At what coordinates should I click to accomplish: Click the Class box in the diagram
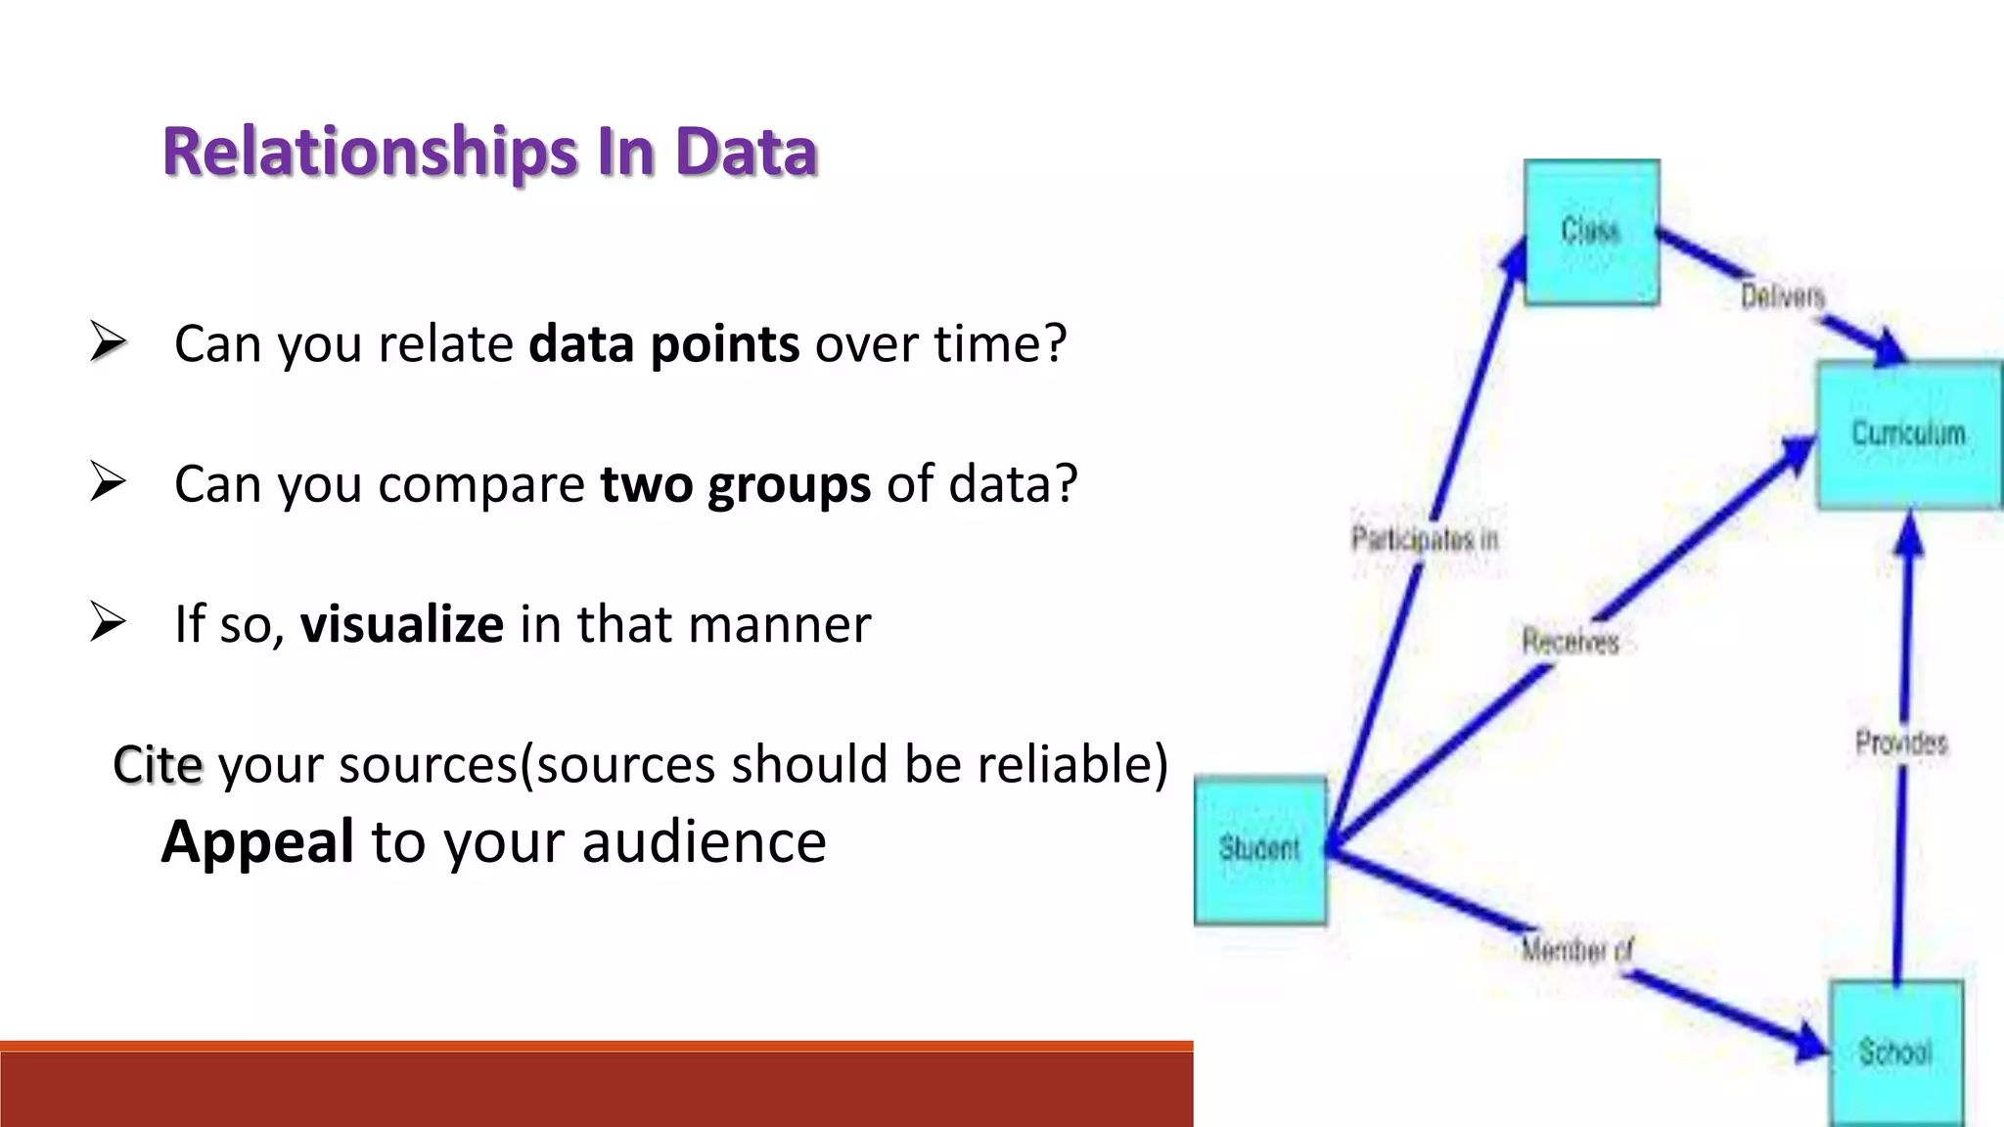click(1591, 232)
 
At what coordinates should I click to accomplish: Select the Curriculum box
click(1908, 433)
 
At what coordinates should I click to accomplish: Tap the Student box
click(1260, 849)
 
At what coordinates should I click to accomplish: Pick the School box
click(1895, 1053)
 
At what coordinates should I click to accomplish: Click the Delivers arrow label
click(1783, 296)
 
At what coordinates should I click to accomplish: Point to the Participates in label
click(1425, 539)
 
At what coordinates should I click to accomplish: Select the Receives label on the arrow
click(1570, 642)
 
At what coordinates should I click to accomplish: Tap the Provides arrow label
click(1901, 744)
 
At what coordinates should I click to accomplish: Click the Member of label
click(1576, 950)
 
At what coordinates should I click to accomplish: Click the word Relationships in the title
click(370, 153)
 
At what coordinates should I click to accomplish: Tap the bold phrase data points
click(663, 344)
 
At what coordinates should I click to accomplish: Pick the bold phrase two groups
click(735, 484)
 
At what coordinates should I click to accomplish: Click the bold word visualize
click(401, 624)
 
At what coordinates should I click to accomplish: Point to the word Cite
click(158, 764)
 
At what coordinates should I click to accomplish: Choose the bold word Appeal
click(257, 841)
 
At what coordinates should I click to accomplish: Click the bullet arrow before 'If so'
click(108, 622)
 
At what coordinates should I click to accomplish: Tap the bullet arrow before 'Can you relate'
click(108, 341)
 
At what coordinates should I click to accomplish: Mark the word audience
click(704, 841)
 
